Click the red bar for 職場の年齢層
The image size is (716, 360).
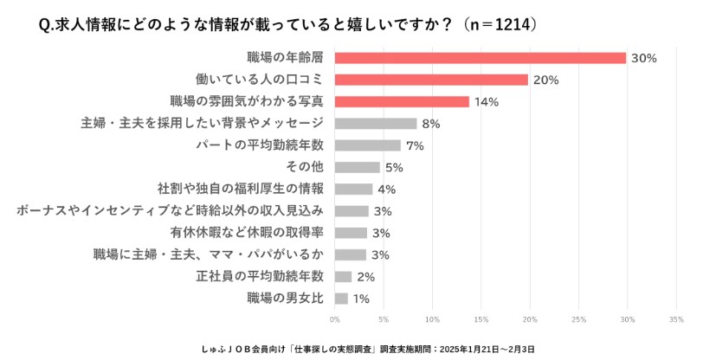(x=480, y=58)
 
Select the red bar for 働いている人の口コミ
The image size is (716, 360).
(x=431, y=80)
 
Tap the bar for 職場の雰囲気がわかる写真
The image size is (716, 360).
(x=402, y=101)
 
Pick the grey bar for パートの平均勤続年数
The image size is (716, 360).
(x=367, y=145)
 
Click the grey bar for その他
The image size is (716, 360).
(x=357, y=167)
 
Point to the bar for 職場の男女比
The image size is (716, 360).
(x=341, y=299)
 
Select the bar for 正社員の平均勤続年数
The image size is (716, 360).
(x=343, y=277)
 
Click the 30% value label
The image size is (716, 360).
(x=644, y=58)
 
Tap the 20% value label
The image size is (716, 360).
(x=546, y=80)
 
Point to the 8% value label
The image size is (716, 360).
(x=430, y=124)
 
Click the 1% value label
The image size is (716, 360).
(x=361, y=299)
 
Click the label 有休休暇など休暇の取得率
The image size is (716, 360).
(x=247, y=233)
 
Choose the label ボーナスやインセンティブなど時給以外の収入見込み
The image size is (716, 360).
(x=170, y=210)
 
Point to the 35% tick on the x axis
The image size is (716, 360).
(x=676, y=318)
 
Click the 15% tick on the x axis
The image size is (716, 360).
(x=481, y=318)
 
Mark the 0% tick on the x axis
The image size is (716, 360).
(x=335, y=318)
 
